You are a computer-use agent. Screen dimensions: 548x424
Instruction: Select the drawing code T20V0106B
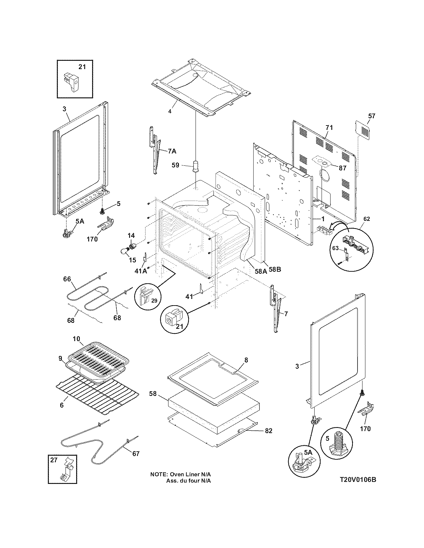[358, 480]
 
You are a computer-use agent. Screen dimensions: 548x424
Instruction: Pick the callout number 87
[343, 168]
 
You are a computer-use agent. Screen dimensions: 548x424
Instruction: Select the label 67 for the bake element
[136, 453]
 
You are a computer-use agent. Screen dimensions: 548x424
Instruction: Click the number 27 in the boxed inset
[54, 460]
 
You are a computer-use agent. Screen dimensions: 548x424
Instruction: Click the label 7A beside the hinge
[172, 151]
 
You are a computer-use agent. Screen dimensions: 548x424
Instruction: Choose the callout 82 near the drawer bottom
[268, 431]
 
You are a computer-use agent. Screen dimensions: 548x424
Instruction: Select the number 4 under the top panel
[170, 112]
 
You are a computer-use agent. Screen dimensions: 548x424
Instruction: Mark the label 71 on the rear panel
[329, 128]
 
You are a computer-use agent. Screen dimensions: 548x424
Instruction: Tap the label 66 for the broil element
[67, 279]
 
